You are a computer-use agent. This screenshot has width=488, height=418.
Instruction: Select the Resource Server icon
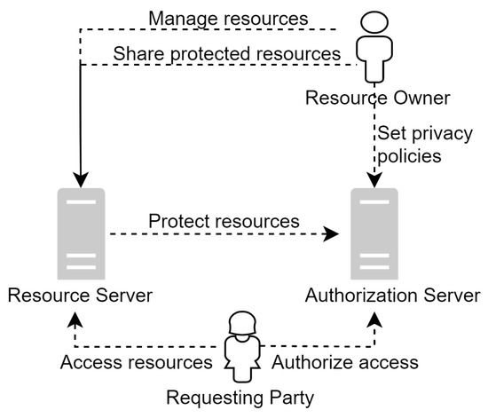82,233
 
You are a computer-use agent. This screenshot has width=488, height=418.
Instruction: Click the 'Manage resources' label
228,18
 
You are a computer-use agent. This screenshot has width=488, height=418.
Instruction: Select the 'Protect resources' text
224,220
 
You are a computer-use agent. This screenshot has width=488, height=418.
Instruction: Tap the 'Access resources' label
135,362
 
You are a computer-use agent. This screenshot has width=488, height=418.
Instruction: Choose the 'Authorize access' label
344,362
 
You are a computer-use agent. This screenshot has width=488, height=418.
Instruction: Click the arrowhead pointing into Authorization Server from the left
333,235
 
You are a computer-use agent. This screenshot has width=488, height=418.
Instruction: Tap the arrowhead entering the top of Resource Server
82,180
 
